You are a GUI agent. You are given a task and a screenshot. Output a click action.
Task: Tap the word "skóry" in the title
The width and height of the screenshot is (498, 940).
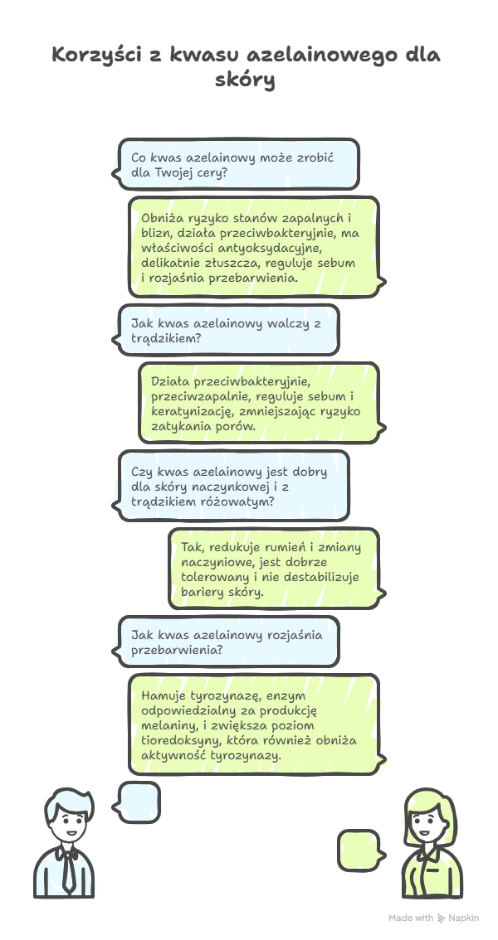click(x=245, y=80)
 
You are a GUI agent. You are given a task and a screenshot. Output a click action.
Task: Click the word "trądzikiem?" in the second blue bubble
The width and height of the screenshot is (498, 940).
click(x=166, y=338)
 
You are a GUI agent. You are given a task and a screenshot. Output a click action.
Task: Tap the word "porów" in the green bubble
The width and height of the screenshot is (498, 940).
click(x=237, y=427)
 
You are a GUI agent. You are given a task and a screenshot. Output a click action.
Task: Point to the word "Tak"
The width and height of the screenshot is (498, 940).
click(x=192, y=547)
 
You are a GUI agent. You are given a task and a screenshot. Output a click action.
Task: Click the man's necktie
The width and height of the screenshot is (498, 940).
click(x=68, y=868)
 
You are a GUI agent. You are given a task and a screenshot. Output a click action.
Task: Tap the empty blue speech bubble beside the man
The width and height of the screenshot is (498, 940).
click(x=136, y=802)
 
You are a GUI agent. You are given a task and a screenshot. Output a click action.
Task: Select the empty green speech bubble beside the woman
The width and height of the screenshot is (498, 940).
click(x=361, y=850)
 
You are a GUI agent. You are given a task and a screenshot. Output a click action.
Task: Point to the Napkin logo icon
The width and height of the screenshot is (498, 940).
click(x=441, y=918)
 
